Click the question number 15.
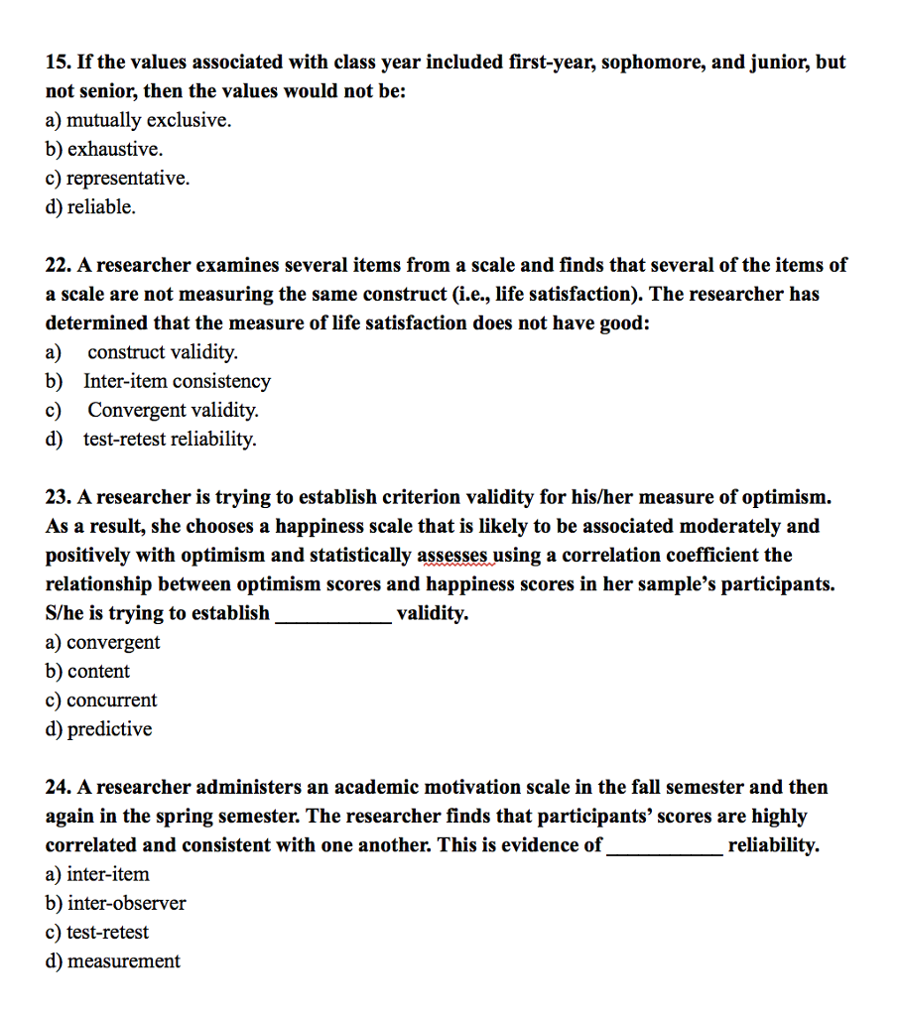pyautogui.click(x=58, y=63)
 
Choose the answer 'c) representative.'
pyautogui.click(x=117, y=179)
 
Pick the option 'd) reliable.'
pyautogui.click(x=90, y=207)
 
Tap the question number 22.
pyautogui.click(x=58, y=265)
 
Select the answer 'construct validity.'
pyautogui.click(x=163, y=352)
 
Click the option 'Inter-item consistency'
pyautogui.click(x=177, y=381)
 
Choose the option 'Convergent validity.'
pyautogui.click(x=173, y=410)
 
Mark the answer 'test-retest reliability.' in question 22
pyautogui.click(x=170, y=439)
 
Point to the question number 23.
pyautogui.click(x=58, y=496)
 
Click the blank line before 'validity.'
pyautogui.click(x=332, y=615)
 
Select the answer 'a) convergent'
pyautogui.click(x=103, y=642)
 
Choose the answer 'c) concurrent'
pyautogui.click(x=101, y=699)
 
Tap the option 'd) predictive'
pyautogui.click(x=99, y=729)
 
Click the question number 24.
pyautogui.click(x=58, y=787)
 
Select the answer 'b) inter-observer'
pyautogui.click(x=116, y=903)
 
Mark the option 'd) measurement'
pyautogui.click(x=113, y=960)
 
